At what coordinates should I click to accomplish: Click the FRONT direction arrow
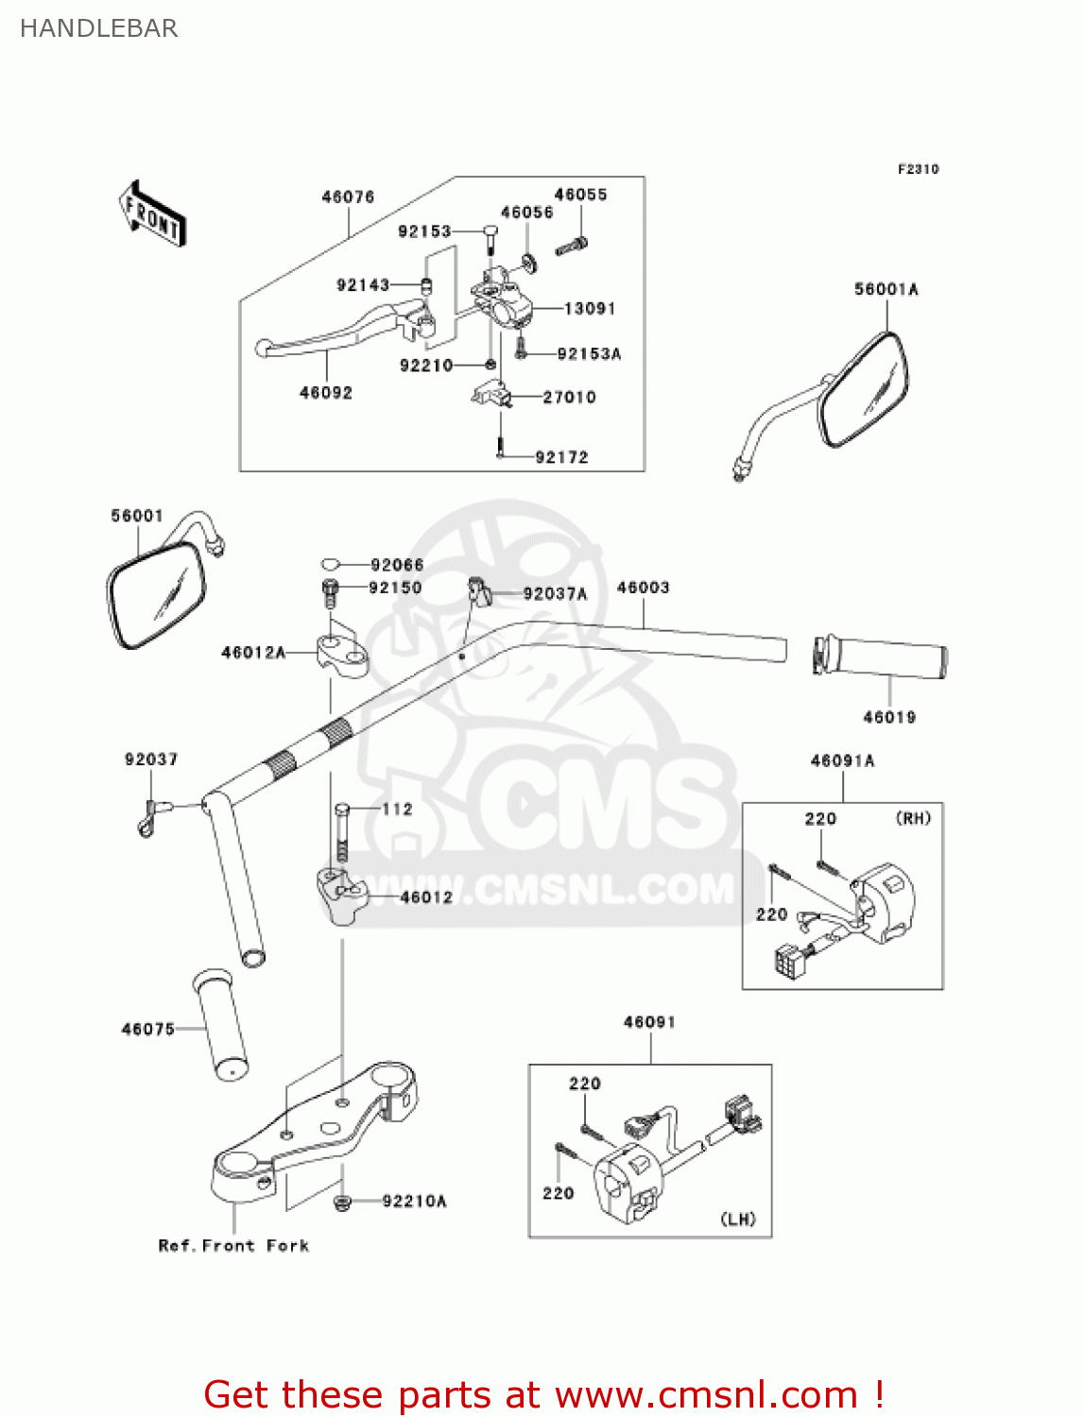[x=152, y=214]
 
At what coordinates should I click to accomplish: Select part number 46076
[x=348, y=196]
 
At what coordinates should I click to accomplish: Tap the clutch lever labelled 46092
[x=340, y=331]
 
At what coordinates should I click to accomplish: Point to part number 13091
[x=590, y=309]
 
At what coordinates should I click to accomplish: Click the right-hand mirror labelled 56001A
[x=863, y=388]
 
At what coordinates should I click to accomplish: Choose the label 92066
[x=397, y=565]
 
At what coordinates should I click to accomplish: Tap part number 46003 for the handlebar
[x=643, y=588]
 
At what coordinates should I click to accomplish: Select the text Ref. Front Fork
[x=233, y=1246]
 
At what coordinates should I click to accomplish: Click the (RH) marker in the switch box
[x=913, y=818]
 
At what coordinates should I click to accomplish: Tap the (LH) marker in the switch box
[x=738, y=1219]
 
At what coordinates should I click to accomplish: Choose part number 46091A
[x=842, y=760]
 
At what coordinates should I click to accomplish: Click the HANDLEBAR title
[x=98, y=28]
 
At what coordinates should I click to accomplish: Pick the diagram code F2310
[x=918, y=169]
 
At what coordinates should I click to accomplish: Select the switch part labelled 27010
[x=491, y=392]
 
